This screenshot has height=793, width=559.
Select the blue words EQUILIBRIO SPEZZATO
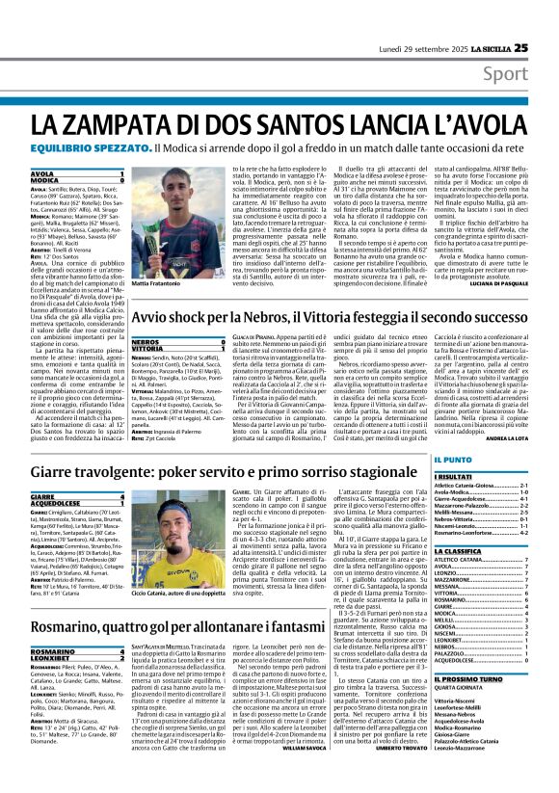[91, 149]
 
